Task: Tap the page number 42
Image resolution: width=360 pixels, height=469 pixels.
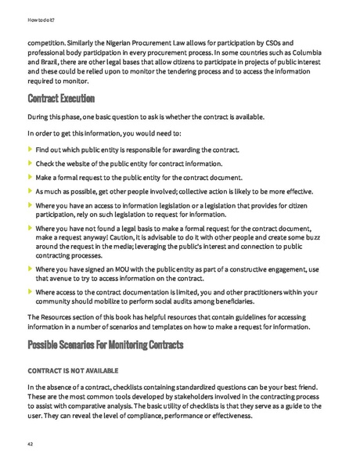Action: pos(31,443)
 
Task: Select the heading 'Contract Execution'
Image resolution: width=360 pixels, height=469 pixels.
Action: pos(61,99)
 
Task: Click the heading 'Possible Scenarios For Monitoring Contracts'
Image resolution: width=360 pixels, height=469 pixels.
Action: pos(106,345)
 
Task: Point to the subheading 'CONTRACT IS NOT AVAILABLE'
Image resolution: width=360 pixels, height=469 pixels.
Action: pos(75,369)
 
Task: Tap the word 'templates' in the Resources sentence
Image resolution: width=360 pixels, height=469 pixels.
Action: pos(187,326)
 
